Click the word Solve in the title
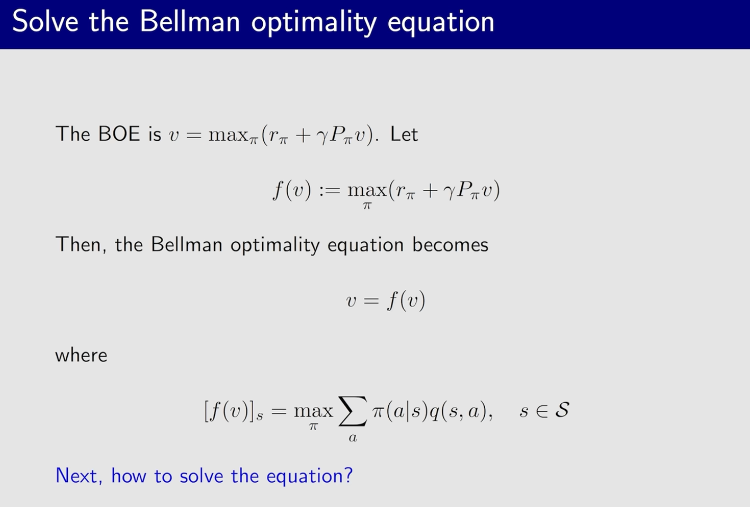45,21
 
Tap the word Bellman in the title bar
190,21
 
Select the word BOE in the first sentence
119,134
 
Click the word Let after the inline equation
404,134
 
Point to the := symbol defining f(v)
330,191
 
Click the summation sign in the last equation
353,411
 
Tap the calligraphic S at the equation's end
562,410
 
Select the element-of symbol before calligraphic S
542,411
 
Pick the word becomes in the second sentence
450,245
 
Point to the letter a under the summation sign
353,438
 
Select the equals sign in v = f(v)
371,301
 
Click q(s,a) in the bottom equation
458,411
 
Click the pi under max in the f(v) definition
367,205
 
